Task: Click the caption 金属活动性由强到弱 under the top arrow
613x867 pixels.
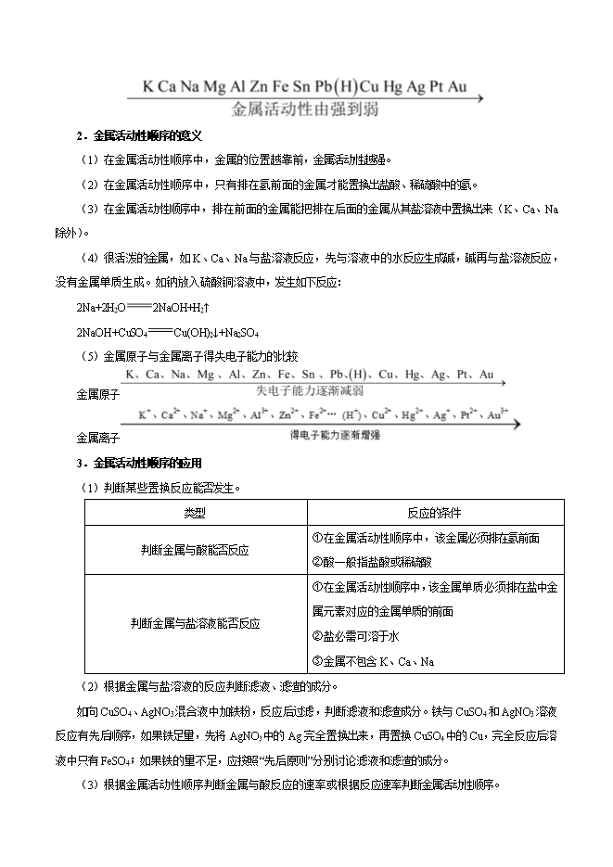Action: [305, 108]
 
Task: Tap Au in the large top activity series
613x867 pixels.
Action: [456, 87]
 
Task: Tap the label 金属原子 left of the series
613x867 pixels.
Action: [97, 394]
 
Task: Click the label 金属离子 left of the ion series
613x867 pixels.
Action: [97, 436]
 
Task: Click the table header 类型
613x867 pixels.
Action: [195, 513]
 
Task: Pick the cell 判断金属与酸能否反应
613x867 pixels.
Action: [195, 550]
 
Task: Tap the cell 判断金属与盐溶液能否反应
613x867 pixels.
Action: [195, 624]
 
